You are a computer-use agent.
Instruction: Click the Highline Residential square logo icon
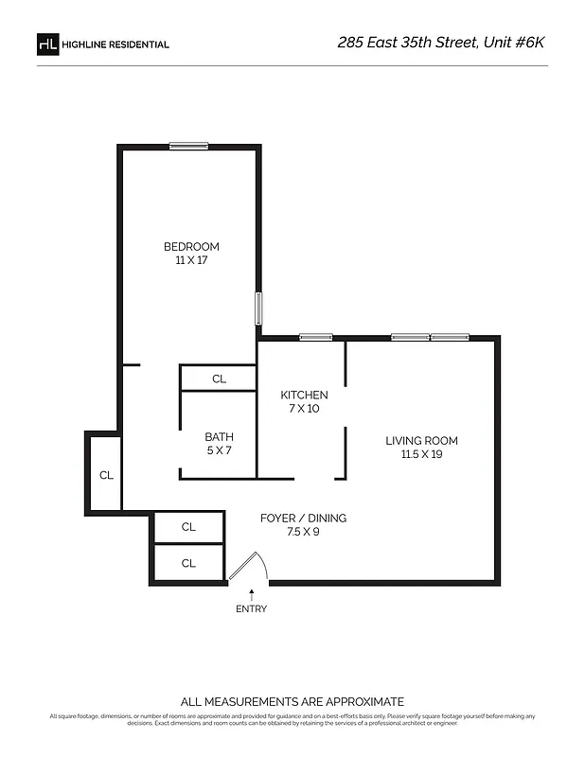click(x=47, y=44)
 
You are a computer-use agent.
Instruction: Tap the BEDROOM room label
click(x=191, y=247)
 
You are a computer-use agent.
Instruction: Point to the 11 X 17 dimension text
click(x=191, y=260)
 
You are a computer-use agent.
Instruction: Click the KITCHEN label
click(x=304, y=395)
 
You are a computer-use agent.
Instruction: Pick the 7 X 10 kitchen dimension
click(x=304, y=409)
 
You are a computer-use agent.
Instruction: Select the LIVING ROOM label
click(x=421, y=441)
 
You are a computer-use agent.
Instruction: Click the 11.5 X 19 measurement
click(x=421, y=454)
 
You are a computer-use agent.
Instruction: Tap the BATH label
click(x=219, y=436)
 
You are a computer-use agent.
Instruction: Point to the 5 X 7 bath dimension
click(x=219, y=450)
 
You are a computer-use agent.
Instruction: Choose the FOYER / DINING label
click(x=303, y=518)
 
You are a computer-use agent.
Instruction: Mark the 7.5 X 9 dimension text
click(x=303, y=532)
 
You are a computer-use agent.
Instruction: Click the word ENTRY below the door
click(x=251, y=608)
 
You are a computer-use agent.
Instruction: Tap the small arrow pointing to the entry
click(x=251, y=593)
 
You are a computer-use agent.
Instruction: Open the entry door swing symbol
click(x=251, y=566)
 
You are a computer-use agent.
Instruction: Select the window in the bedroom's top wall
click(x=188, y=146)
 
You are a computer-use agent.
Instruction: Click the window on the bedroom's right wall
click(x=257, y=308)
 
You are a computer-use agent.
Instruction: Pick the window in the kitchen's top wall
click(x=315, y=337)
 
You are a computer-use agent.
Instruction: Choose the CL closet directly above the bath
click(x=219, y=378)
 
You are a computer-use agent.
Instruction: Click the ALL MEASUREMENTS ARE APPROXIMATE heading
click(x=292, y=701)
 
